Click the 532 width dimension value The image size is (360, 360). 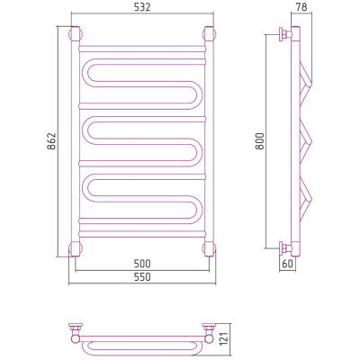[142, 7]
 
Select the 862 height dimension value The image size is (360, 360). [52, 141]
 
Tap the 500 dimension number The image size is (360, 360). [142, 264]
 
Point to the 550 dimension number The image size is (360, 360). [142, 277]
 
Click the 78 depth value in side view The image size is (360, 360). [301, 7]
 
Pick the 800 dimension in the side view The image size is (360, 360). [260, 141]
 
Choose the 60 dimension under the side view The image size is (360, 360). [287, 264]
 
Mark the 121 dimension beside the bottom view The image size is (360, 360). [225, 338]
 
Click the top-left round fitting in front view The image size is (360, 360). [76, 33]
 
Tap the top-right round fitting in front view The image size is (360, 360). [209, 33]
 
